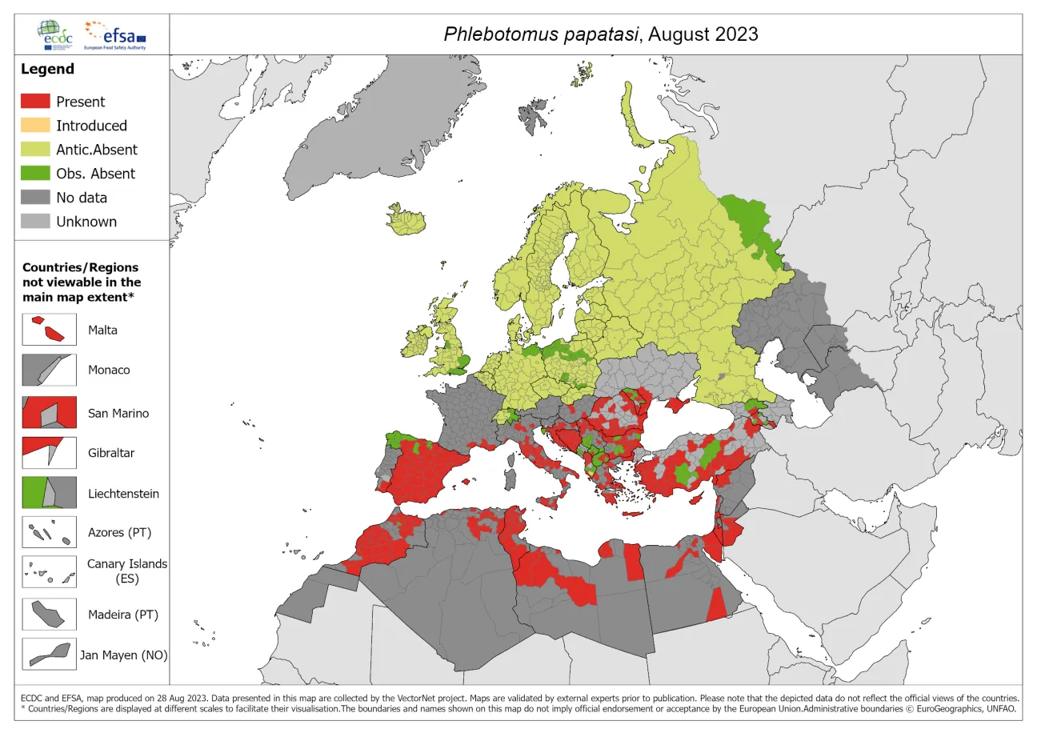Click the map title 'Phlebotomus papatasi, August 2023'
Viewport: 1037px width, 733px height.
601,34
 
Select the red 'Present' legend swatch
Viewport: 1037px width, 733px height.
35,102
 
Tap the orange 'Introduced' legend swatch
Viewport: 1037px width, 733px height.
35,126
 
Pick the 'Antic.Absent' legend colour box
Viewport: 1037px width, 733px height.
35,150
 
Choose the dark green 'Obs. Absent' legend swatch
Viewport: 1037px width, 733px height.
35,174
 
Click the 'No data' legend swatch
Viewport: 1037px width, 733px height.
35,198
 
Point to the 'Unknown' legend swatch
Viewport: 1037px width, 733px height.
35,222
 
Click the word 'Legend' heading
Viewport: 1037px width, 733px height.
47,69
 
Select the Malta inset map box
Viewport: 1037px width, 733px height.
50,330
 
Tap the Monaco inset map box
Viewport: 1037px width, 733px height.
50,371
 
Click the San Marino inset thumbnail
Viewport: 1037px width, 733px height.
50,413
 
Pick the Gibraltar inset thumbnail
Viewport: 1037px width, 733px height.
50,452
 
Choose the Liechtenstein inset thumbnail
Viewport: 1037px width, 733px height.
50,493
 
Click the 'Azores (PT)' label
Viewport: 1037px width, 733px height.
119,532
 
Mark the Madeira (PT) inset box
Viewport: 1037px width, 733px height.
50,615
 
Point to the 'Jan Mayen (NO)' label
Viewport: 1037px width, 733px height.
123,655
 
